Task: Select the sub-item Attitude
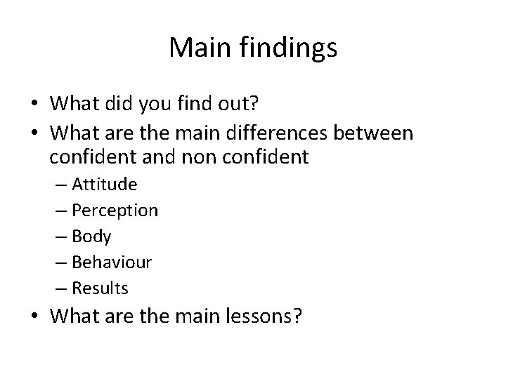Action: point(104,185)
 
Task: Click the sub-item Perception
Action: point(115,211)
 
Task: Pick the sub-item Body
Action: point(91,237)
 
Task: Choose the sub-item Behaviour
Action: point(112,262)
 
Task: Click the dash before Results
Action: point(59,288)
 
